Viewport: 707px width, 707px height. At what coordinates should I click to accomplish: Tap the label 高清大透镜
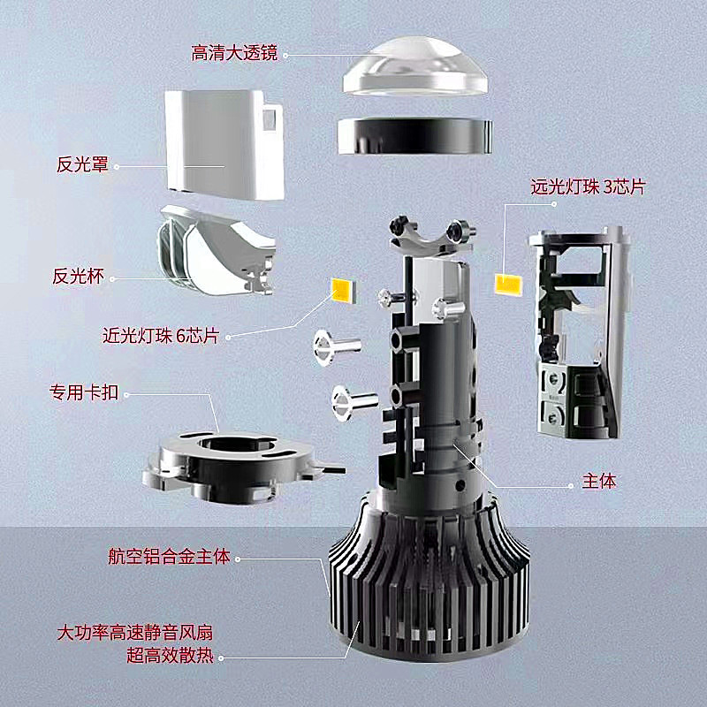coord(234,54)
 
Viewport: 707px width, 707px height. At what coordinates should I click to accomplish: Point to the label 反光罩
coord(82,164)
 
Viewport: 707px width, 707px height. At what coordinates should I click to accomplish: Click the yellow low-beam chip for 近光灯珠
coord(341,289)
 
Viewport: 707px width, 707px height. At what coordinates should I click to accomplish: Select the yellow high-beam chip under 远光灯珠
coord(506,284)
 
